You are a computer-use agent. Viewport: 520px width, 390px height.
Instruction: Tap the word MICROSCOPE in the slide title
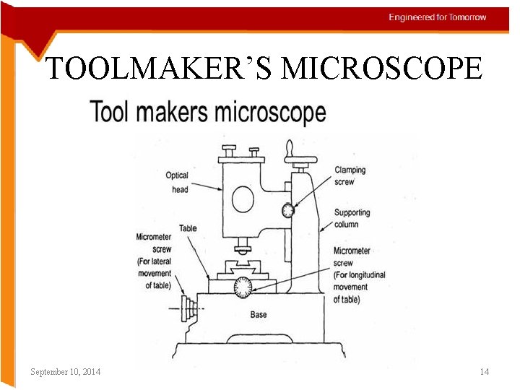[381, 69]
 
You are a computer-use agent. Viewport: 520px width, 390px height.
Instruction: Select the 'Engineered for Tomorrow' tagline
[438, 17]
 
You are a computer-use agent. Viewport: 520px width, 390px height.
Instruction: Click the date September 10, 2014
[66, 371]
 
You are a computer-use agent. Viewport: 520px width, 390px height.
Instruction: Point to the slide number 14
[485, 371]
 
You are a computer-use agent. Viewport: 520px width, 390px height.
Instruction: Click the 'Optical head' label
[178, 182]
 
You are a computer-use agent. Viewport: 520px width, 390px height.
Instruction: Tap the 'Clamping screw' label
[350, 175]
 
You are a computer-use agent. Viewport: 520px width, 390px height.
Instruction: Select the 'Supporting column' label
[352, 218]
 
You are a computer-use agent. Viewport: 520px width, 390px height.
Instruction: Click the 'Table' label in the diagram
[188, 228]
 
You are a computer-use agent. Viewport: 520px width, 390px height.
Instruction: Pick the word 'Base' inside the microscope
[259, 315]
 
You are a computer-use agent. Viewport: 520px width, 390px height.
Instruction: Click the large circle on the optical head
[243, 198]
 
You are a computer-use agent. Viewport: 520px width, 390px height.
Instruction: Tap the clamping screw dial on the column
[289, 210]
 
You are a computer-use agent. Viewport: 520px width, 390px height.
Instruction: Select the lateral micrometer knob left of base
[189, 308]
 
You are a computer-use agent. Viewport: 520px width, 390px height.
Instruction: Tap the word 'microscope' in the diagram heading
[269, 113]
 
